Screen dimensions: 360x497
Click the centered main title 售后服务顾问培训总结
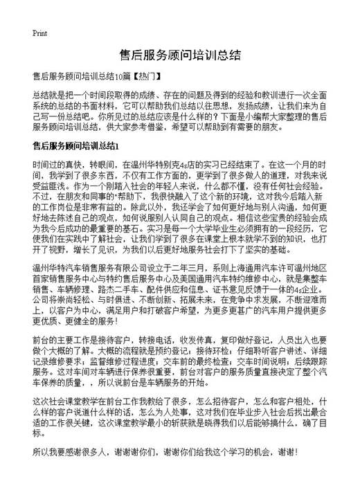pos(180,55)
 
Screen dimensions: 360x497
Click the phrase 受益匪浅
pos(51,188)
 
